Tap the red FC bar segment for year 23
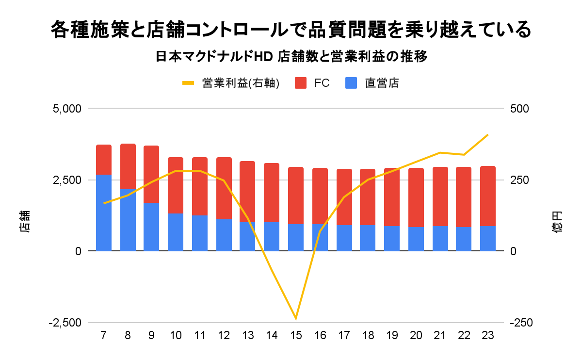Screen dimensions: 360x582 coord(487,196)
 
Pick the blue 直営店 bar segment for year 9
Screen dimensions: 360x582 coord(151,227)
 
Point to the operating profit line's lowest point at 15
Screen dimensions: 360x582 coord(296,319)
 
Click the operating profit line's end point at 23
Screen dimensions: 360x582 coord(487,135)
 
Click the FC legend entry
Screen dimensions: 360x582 coord(313,83)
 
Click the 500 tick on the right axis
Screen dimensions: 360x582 coord(518,108)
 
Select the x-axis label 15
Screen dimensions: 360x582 coord(296,335)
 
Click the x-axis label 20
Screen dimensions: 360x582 coord(416,335)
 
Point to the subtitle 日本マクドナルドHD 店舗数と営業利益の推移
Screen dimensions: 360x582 coord(291,57)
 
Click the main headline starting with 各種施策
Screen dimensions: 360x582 coord(291,30)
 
